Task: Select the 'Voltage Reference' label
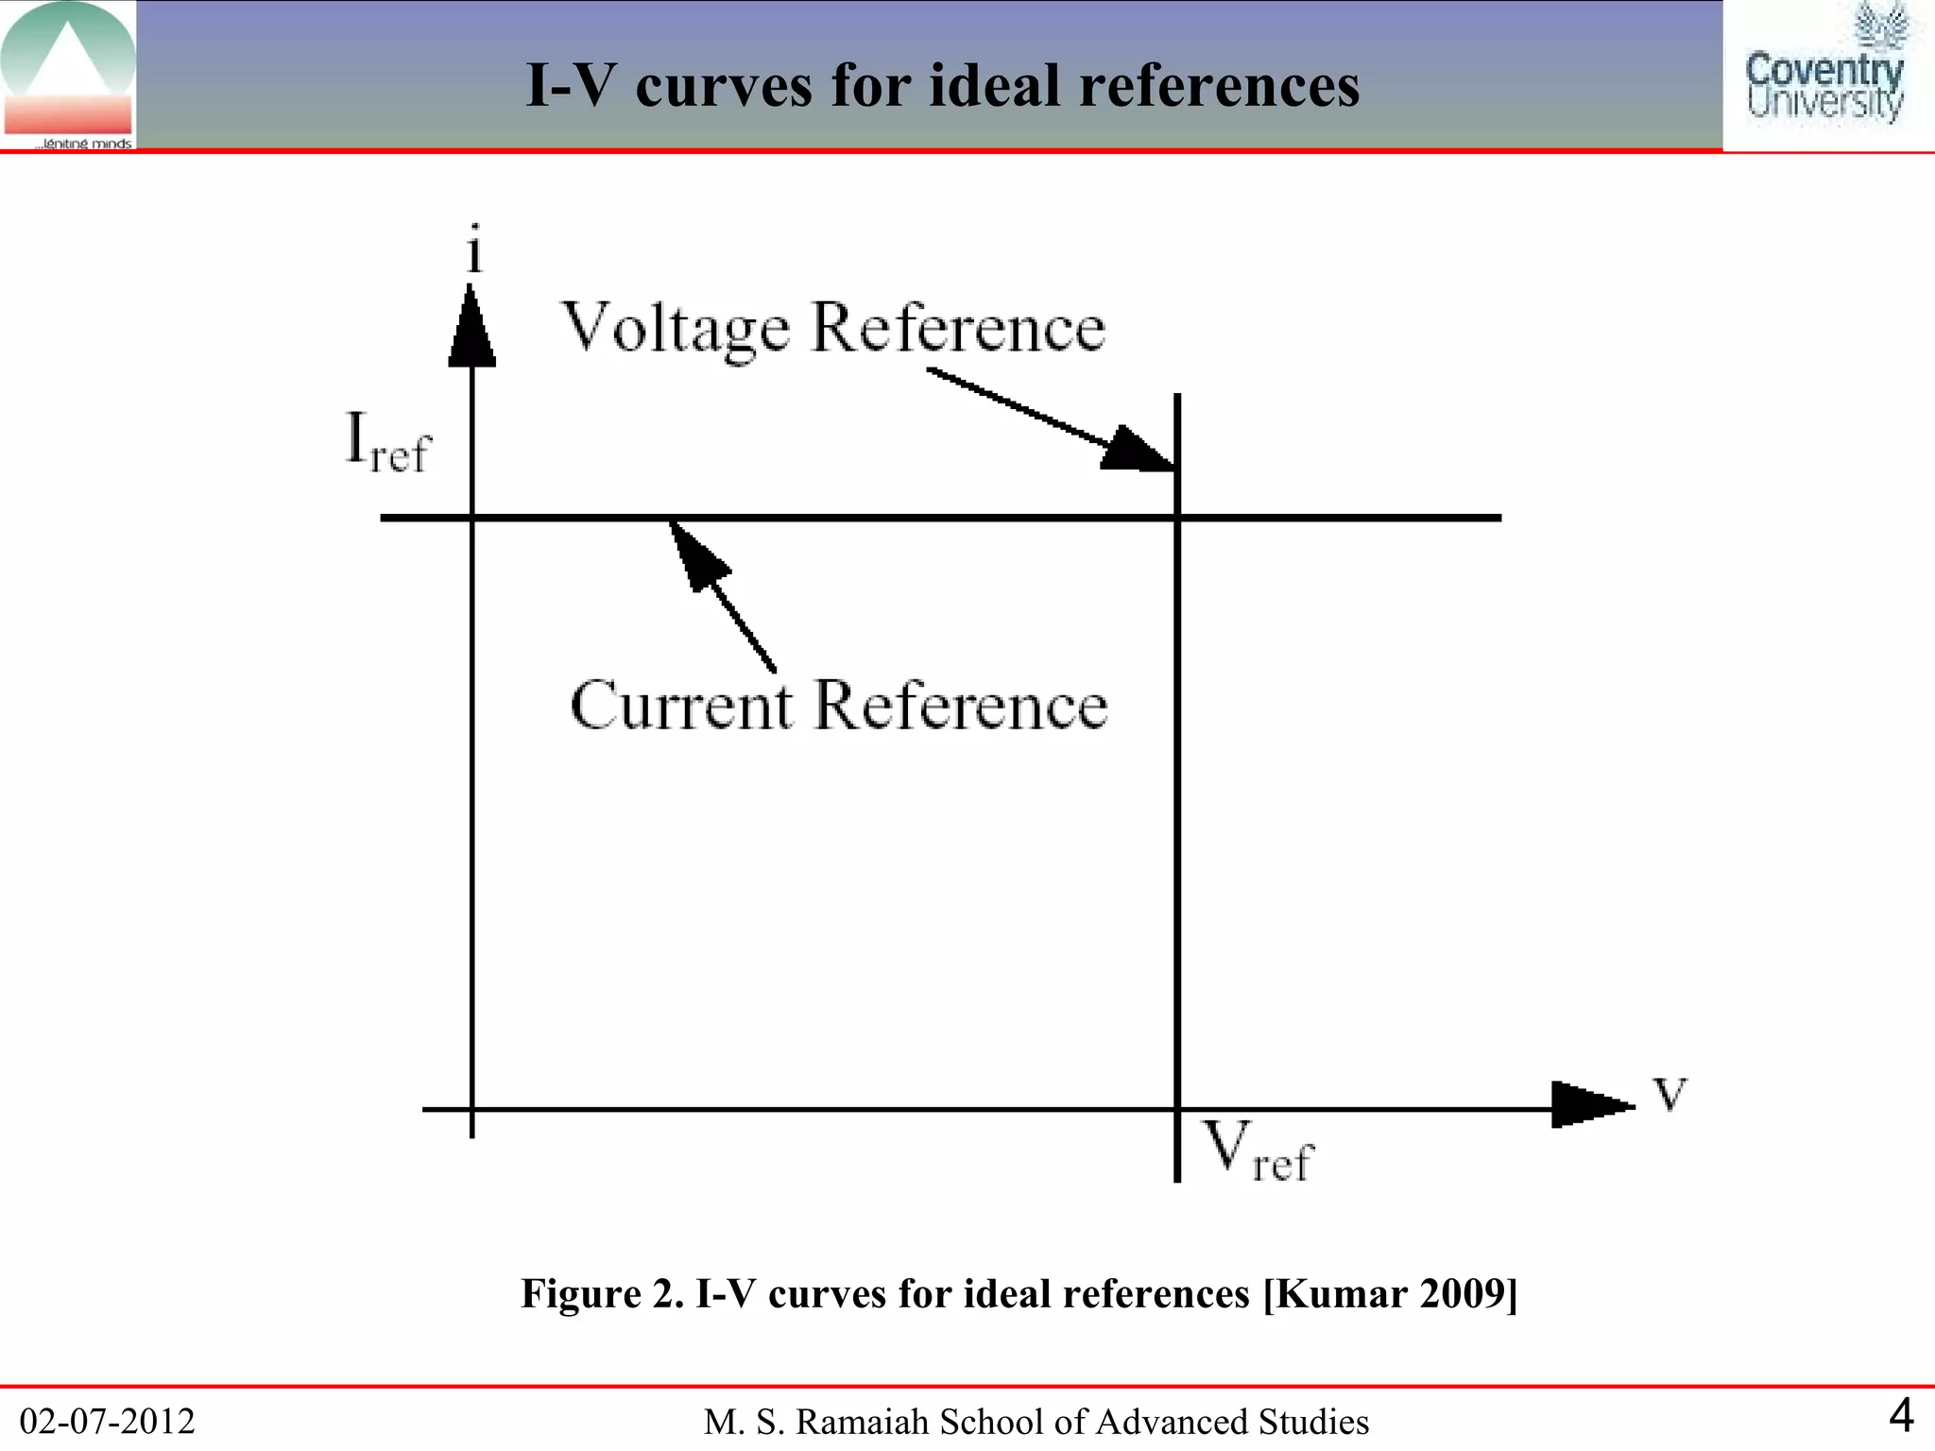click(x=833, y=329)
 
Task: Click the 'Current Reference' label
click(x=838, y=706)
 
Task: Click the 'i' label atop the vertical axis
click(x=474, y=250)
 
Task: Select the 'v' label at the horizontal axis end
click(x=1670, y=1094)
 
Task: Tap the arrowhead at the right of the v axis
click(x=1592, y=1104)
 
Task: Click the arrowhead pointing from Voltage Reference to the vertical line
click(x=1138, y=451)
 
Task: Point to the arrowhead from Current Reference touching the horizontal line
click(x=697, y=555)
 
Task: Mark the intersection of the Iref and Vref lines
click(x=1177, y=518)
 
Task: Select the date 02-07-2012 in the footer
click(x=107, y=1421)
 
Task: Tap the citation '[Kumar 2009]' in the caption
click(x=1390, y=1293)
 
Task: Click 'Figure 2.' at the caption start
click(x=602, y=1293)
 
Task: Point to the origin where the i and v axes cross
click(x=471, y=1109)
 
